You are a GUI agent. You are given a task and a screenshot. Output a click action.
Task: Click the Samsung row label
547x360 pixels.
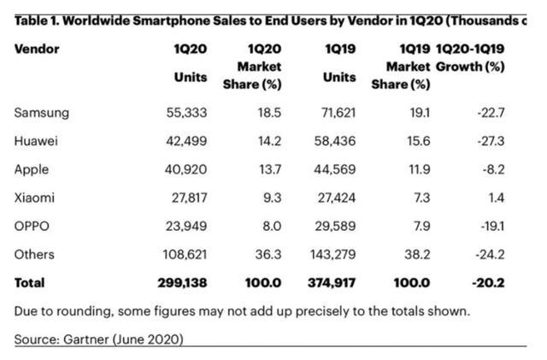[43, 113]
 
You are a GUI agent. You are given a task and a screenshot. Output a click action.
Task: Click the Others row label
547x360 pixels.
[35, 255]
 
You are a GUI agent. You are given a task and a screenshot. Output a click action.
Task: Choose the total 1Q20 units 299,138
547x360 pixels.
[182, 282]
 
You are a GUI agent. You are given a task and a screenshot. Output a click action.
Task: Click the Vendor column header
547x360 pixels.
[36, 50]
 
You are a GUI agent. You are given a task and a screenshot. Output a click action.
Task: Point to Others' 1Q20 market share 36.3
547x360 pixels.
[268, 255]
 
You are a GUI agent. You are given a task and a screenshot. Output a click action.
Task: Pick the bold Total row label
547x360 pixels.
[29, 282]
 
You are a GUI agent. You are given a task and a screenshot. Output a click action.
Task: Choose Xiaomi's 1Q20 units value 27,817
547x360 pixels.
[187, 198]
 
